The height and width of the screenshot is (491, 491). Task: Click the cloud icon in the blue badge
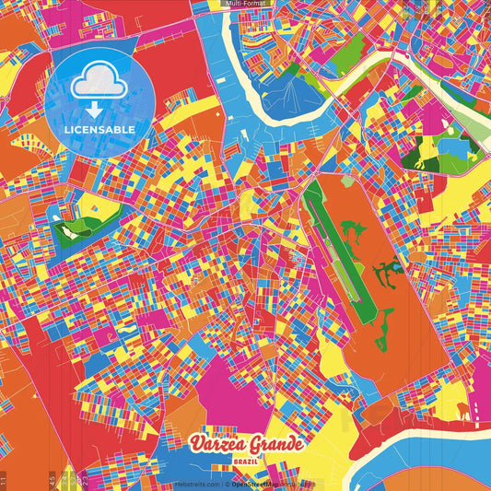point(99,84)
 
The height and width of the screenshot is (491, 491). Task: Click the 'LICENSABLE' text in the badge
point(99,130)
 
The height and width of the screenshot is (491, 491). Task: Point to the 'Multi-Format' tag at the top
point(244,5)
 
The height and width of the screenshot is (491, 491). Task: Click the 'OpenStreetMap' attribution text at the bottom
point(263,483)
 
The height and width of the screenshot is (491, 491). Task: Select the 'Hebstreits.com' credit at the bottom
point(196,483)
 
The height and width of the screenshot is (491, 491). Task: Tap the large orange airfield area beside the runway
point(368,221)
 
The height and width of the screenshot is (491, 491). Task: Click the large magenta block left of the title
point(225,387)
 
